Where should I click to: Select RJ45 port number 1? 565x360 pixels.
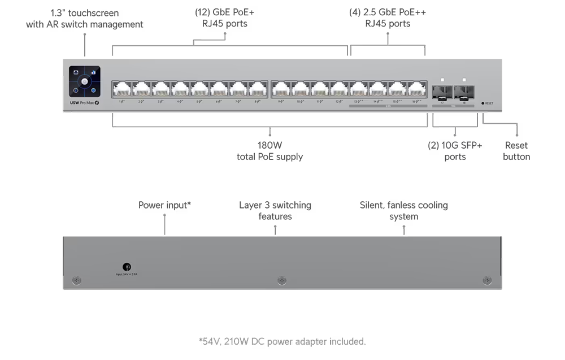[x=122, y=89]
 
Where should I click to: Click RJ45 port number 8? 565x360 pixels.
[x=258, y=89]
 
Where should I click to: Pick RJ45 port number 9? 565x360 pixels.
[x=281, y=89]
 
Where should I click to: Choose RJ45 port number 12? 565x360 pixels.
[x=339, y=89]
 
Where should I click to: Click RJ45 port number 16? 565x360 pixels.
[x=416, y=89]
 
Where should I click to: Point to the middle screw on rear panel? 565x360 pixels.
[x=282, y=280]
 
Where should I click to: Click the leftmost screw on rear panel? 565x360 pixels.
[x=77, y=280]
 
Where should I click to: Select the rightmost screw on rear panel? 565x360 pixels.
[x=487, y=280]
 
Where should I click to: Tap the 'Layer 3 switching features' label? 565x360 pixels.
[x=276, y=211]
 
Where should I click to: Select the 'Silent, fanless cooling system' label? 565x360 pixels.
[x=404, y=211]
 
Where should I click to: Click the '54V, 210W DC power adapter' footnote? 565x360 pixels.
[x=282, y=341]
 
